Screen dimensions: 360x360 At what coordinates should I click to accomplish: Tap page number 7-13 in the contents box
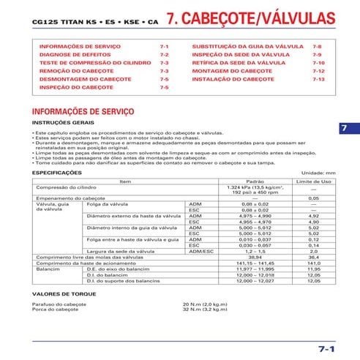(318, 78)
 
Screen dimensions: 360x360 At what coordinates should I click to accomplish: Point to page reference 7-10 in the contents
(318, 63)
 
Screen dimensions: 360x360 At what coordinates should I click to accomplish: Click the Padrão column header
(255, 181)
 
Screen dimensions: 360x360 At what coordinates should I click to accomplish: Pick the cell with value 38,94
(255, 258)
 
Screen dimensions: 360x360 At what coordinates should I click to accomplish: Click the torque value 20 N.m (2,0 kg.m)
(209, 304)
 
